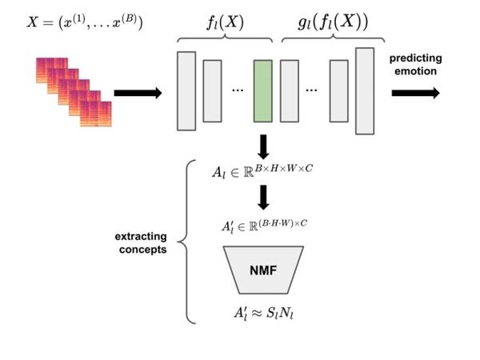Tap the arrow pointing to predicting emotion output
click(415, 92)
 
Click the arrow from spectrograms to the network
click(138, 93)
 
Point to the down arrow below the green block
click(263, 146)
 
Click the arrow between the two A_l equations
click(263, 197)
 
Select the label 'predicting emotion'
click(414, 65)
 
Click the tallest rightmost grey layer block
click(365, 90)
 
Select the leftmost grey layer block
click(186, 90)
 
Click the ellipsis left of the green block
click(237, 91)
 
